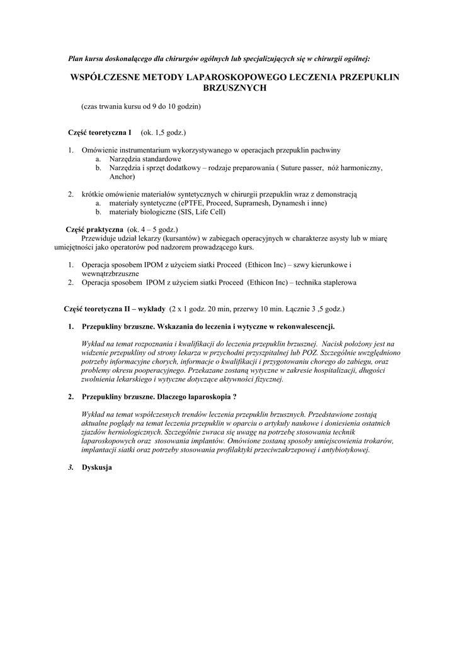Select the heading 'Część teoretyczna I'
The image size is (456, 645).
[100, 133]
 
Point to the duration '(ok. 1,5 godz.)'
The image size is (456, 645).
[162, 133]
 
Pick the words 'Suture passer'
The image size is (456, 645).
[300, 168]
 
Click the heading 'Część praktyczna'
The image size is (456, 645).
[94, 230]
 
